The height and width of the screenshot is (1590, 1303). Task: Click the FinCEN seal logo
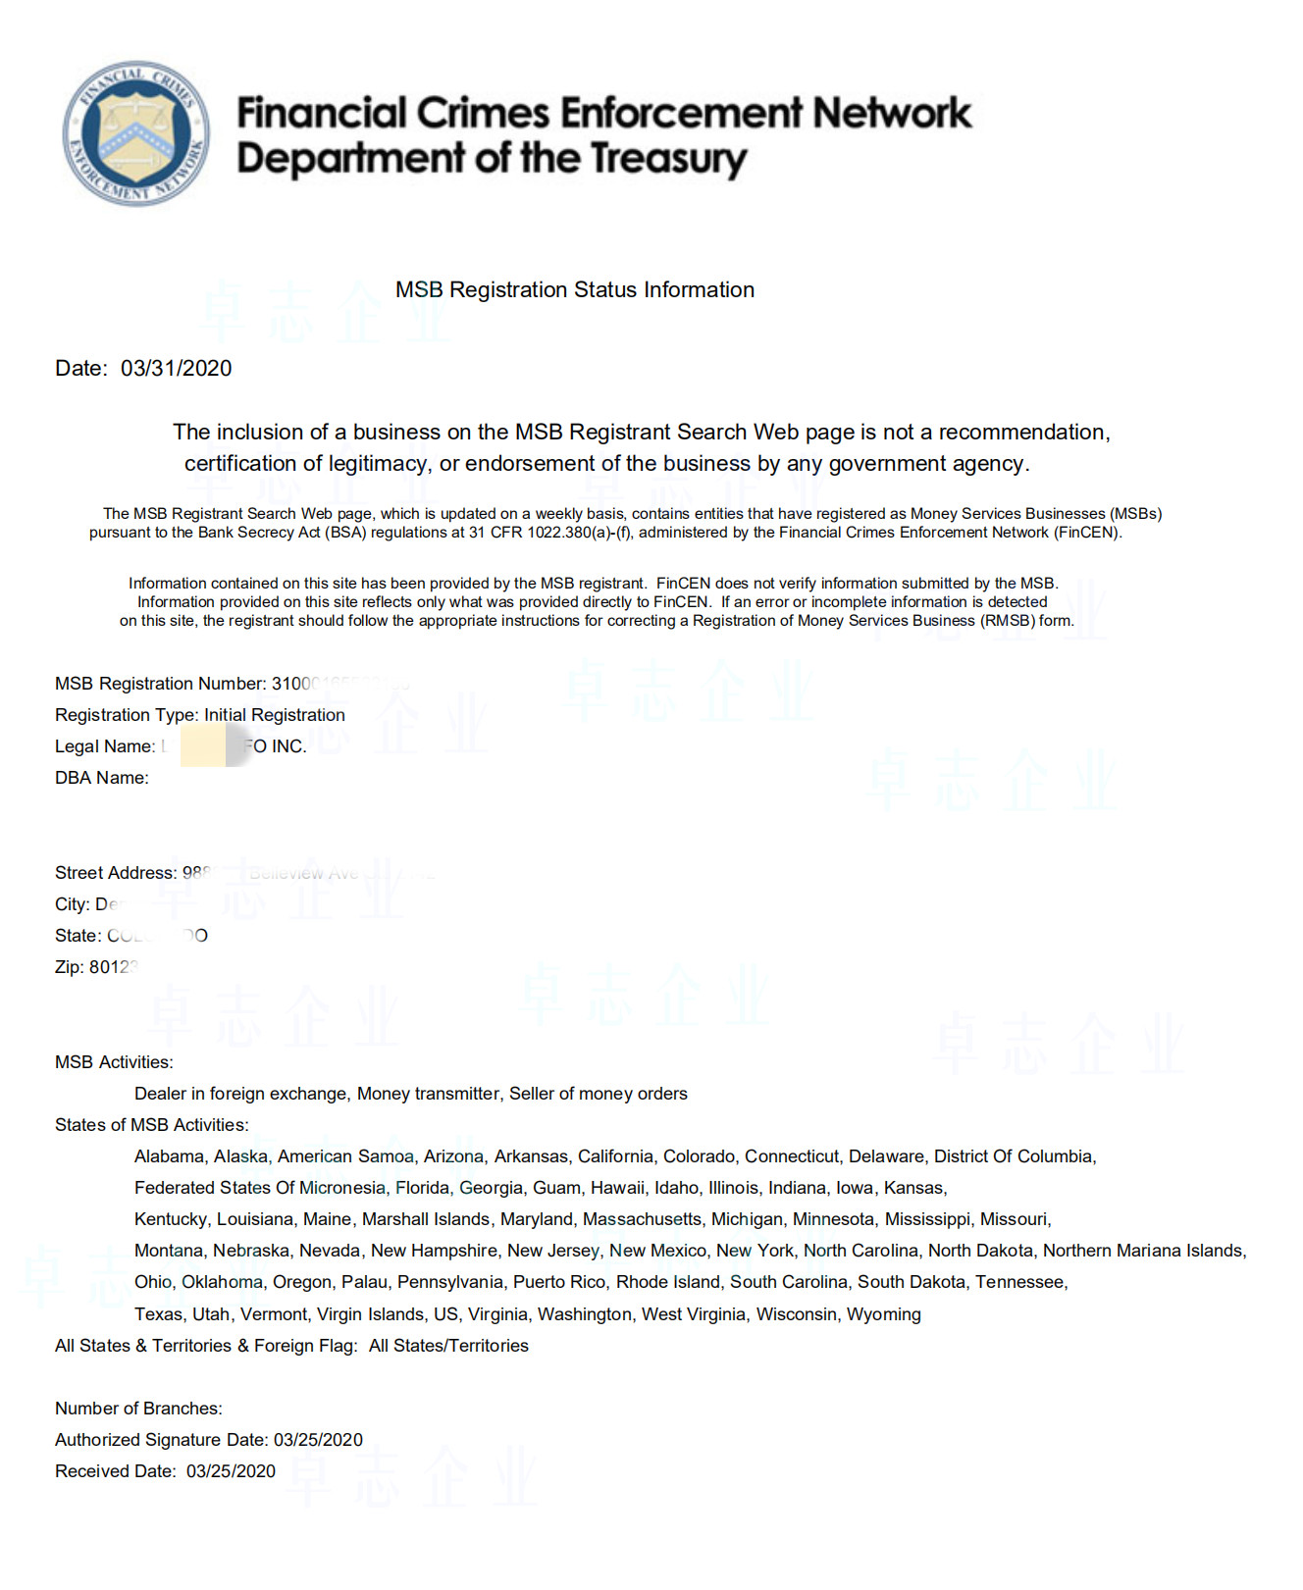135,133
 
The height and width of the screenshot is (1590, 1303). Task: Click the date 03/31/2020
177,369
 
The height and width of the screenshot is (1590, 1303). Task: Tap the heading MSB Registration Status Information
575,290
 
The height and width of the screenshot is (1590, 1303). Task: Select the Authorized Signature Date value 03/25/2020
318,1440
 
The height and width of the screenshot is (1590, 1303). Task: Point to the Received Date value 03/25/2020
231,1471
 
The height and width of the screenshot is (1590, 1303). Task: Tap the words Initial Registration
275,715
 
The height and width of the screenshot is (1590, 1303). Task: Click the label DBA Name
101,778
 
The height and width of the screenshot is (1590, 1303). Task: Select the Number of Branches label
138,1409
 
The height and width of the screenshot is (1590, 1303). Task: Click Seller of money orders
599,1094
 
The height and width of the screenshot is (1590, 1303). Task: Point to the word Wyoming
884,1314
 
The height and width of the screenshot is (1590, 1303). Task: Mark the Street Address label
115,873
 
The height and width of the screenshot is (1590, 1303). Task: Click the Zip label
69,967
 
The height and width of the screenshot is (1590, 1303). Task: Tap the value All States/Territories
448,1346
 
